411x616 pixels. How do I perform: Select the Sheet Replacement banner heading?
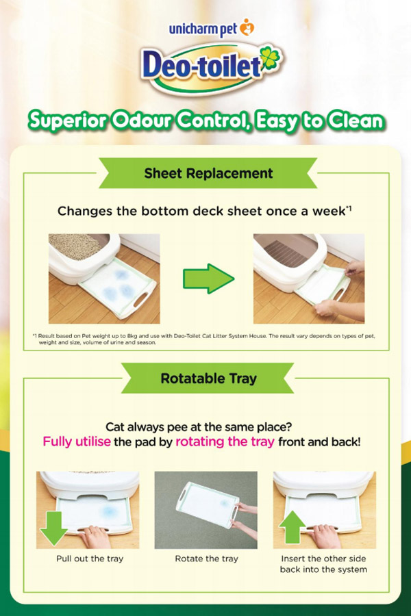point(208,173)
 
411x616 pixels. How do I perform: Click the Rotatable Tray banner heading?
point(208,378)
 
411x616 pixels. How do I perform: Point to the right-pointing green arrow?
point(208,279)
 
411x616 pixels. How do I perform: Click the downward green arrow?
point(53,528)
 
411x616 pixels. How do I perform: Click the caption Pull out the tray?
point(90,559)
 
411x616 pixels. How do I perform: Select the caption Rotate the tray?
point(206,559)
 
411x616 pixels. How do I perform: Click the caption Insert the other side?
point(323,559)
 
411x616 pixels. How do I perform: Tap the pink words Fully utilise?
point(77,442)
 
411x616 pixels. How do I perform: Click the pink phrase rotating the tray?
point(225,442)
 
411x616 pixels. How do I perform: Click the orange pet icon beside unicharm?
point(247,27)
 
